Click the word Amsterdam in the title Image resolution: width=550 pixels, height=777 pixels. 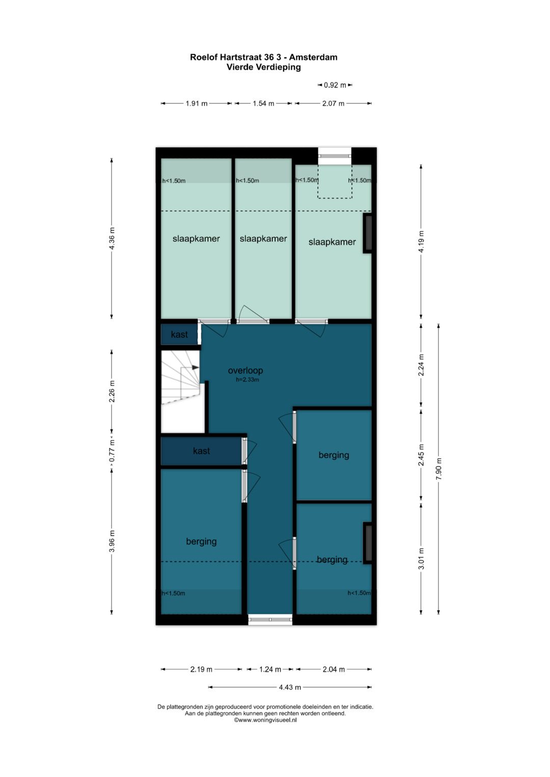[x=313, y=57]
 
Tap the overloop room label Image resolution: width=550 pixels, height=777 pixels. [x=245, y=370]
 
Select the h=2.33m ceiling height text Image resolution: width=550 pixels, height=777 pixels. [x=247, y=380]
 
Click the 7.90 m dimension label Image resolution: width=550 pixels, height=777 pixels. [x=439, y=469]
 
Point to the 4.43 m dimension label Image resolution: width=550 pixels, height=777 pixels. [x=290, y=687]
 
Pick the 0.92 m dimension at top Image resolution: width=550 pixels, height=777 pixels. [x=335, y=85]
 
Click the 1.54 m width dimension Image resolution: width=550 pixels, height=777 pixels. [x=264, y=103]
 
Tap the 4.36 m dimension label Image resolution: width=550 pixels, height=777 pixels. [x=112, y=238]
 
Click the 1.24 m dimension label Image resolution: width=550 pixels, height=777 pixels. [x=270, y=669]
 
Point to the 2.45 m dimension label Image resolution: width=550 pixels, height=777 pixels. [x=421, y=455]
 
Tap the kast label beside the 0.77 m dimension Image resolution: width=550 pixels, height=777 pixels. [x=201, y=451]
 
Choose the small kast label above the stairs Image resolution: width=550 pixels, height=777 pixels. [x=179, y=334]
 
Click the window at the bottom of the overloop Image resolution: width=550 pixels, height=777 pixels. [x=270, y=619]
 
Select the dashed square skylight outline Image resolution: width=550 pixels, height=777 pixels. [x=335, y=181]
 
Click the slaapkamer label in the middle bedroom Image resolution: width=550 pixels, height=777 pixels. [x=263, y=239]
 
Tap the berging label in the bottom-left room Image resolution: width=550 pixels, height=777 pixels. [x=201, y=541]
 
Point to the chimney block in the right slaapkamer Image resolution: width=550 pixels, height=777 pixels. [x=367, y=233]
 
